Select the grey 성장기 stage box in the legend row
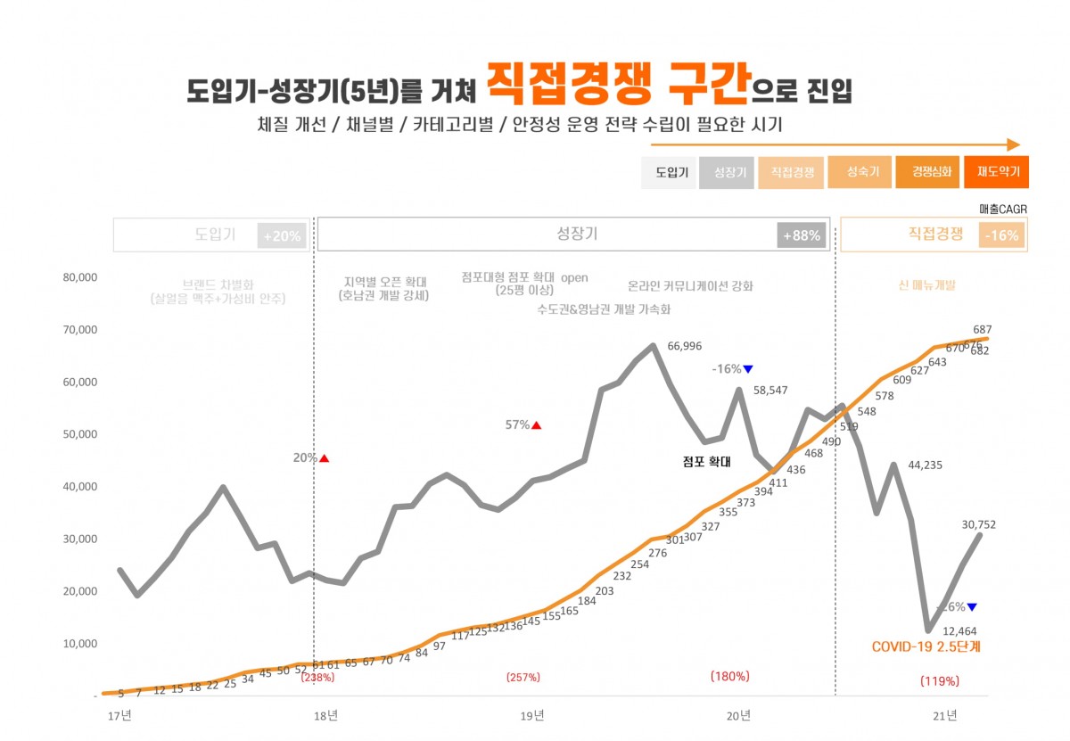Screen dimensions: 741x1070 pyautogui.click(x=730, y=172)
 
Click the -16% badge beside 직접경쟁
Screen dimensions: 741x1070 pyautogui.click(x=1002, y=235)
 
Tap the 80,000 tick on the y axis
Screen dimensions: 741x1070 pyautogui.click(x=79, y=277)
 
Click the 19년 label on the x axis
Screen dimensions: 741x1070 pyautogui.click(x=532, y=715)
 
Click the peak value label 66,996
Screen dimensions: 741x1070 pyautogui.click(x=685, y=346)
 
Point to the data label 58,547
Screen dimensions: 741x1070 pyautogui.click(x=772, y=391)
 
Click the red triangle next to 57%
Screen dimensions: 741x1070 pyautogui.click(x=537, y=425)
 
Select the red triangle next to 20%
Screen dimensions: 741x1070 pyautogui.click(x=325, y=458)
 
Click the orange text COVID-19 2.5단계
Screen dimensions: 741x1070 pyautogui.click(x=926, y=647)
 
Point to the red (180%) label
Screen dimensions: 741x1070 pyautogui.click(x=729, y=676)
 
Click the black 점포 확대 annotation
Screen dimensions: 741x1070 pyautogui.click(x=706, y=462)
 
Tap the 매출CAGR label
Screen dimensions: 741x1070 pyautogui.click(x=1003, y=209)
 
